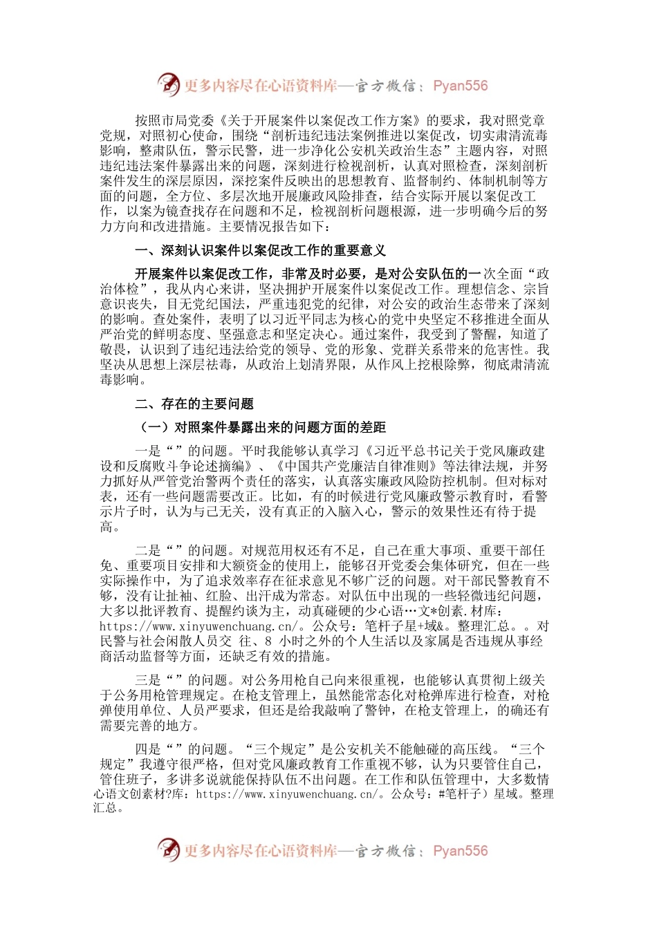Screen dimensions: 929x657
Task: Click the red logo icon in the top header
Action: pyautogui.click(x=168, y=85)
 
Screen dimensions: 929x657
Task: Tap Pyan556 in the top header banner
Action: pyautogui.click(x=461, y=86)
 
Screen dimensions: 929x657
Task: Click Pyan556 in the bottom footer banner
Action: pyautogui.click(x=461, y=851)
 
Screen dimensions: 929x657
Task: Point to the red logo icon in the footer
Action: pyautogui.click(x=168, y=850)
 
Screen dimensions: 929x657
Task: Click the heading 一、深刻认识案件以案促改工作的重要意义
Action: pyautogui.click(x=260, y=250)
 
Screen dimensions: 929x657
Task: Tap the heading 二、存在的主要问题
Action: pyautogui.click(x=194, y=404)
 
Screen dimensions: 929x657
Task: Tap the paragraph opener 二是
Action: pyautogui.click(x=147, y=550)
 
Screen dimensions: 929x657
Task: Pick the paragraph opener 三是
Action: pyautogui.click(x=147, y=680)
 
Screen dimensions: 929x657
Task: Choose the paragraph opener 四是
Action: pyautogui.click(x=147, y=749)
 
